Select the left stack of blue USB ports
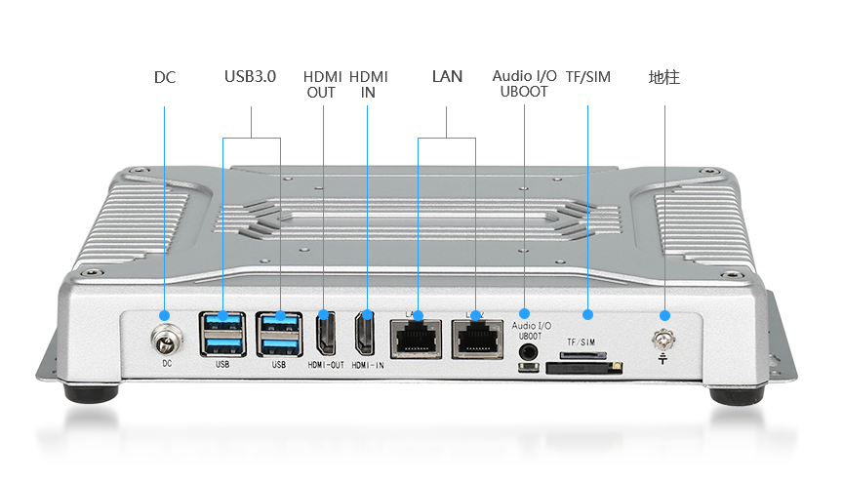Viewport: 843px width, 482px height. (222, 334)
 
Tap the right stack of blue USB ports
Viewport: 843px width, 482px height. (279, 334)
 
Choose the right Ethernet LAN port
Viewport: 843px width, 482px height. (475, 337)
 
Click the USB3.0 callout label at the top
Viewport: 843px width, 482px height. (251, 76)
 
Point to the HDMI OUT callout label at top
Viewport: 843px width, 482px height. (321, 84)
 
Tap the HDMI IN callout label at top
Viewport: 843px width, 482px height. (367, 84)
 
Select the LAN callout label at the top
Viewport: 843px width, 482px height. (446, 76)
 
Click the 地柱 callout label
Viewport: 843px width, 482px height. (663, 76)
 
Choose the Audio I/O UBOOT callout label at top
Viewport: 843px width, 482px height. (524, 84)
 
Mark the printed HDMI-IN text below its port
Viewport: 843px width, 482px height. (367, 365)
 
